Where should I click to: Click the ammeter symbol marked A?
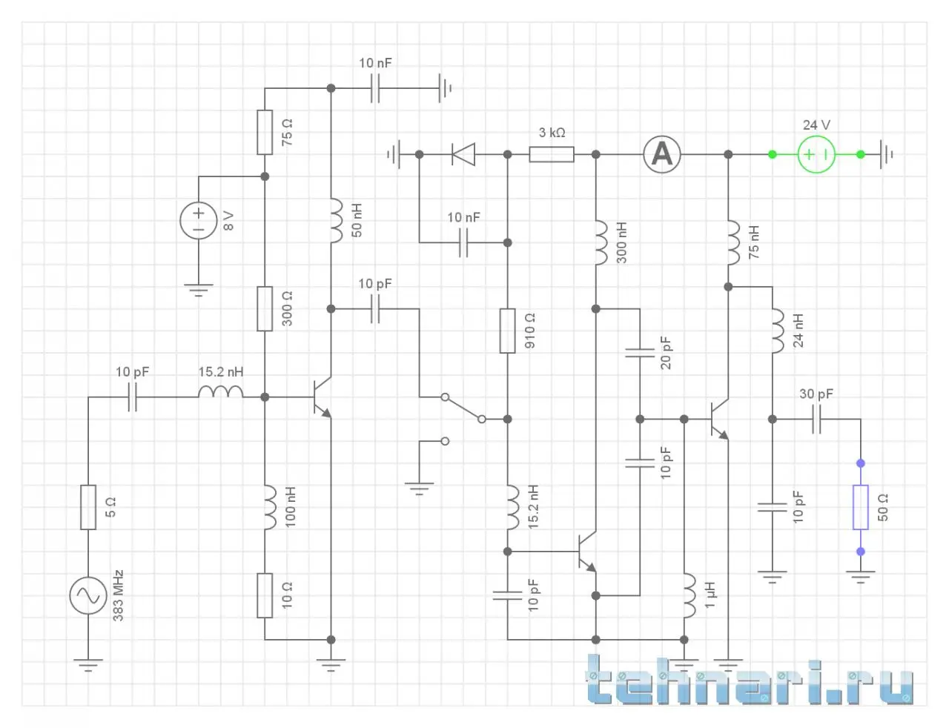pyautogui.click(x=661, y=154)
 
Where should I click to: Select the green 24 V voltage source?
pyautogui.click(x=816, y=154)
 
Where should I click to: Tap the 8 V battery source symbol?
pyautogui.click(x=198, y=221)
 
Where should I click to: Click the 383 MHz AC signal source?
pyautogui.click(x=87, y=595)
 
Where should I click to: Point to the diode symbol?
pyautogui.click(x=463, y=154)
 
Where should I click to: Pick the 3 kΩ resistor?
pyautogui.click(x=551, y=154)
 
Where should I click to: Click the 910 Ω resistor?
pyautogui.click(x=507, y=331)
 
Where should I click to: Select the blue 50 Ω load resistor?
pyautogui.click(x=860, y=507)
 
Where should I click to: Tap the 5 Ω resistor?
pyautogui.click(x=87, y=507)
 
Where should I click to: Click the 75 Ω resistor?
pyautogui.click(x=265, y=132)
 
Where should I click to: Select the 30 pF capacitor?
pyautogui.click(x=816, y=420)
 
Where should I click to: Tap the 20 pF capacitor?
pyautogui.click(x=640, y=353)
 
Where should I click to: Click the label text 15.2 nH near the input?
pyautogui.click(x=220, y=371)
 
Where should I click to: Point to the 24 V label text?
pyautogui.click(x=816, y=125)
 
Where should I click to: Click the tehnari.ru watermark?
pyautogui.click(x=749, y=680)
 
